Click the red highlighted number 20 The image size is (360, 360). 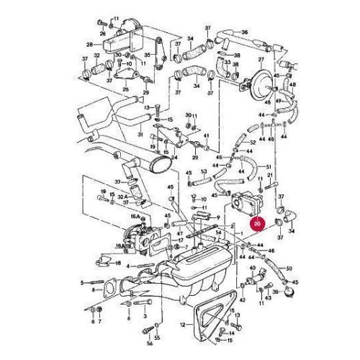tap(256, 224)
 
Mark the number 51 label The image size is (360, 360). tap(268, 166)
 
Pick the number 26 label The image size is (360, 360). tap(102, 34)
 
